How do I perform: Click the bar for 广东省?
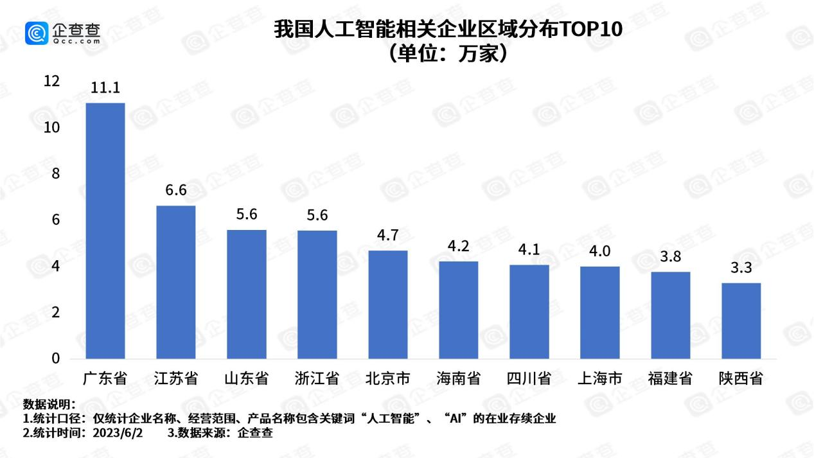(x=105, y=231)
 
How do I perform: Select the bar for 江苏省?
(x=176, y=282)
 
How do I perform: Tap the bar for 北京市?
(x=388, y=304)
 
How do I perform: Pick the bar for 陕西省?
(x=741, y=321)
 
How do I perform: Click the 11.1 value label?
(x=105, y=88)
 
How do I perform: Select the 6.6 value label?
(x=175, y=191)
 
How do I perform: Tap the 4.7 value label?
(x=387, y=235)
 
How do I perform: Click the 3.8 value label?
(x=670, y=257)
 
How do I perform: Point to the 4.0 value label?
(x=599, y=251)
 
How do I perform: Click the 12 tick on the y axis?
(x=51, y=82)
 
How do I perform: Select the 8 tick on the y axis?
(x=56, y=174)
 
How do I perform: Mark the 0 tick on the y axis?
(x=56, y=358)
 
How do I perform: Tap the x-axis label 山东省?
(x=247, y=378)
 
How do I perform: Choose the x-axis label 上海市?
(x=600, y=378)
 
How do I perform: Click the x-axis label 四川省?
(x=529, y=378)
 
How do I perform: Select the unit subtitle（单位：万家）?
(x=448, y=54)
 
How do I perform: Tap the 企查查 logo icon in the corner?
(x=37, y=33)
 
